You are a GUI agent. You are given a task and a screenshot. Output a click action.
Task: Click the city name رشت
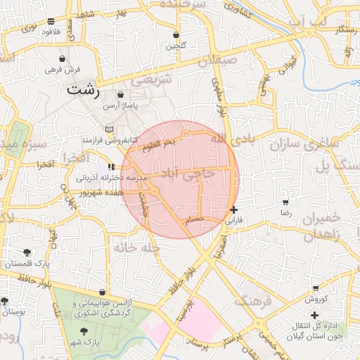(84, 90)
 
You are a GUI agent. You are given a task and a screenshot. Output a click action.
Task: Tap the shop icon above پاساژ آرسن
(120, 95)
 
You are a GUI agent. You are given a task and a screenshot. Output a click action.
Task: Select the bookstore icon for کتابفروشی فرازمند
(108, 130)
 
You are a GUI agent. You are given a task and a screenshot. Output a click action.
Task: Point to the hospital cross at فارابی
(233, 210)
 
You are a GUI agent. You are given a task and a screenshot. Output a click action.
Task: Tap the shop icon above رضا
(285, 202)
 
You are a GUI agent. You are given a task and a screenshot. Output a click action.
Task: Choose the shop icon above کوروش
(316, 289)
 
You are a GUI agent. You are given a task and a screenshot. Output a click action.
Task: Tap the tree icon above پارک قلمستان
(27, 252)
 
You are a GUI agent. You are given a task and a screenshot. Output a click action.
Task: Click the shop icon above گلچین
(176, 34)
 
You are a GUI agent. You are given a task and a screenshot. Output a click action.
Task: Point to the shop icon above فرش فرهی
(64, 58)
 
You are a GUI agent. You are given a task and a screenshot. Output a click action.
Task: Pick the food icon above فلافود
(50, 22)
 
